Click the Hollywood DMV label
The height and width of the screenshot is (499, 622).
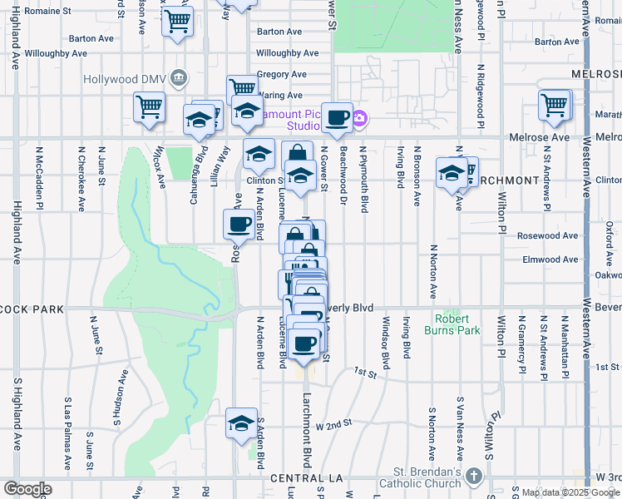pos(124,79)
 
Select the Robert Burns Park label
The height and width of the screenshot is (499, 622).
pos(457,324)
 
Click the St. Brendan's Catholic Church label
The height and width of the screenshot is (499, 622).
pos(420,477)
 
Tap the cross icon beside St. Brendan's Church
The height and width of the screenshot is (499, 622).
pos(473,476)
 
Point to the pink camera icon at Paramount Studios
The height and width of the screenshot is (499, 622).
pos(359,120)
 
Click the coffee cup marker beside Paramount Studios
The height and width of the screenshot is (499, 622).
pos(337,117)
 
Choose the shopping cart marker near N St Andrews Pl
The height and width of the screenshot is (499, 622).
pos(554,106)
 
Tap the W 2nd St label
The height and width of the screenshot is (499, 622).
pos(334,426)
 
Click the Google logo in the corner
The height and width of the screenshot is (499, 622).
pos(27,489)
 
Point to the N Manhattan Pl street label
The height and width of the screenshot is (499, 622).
pos(564,343)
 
